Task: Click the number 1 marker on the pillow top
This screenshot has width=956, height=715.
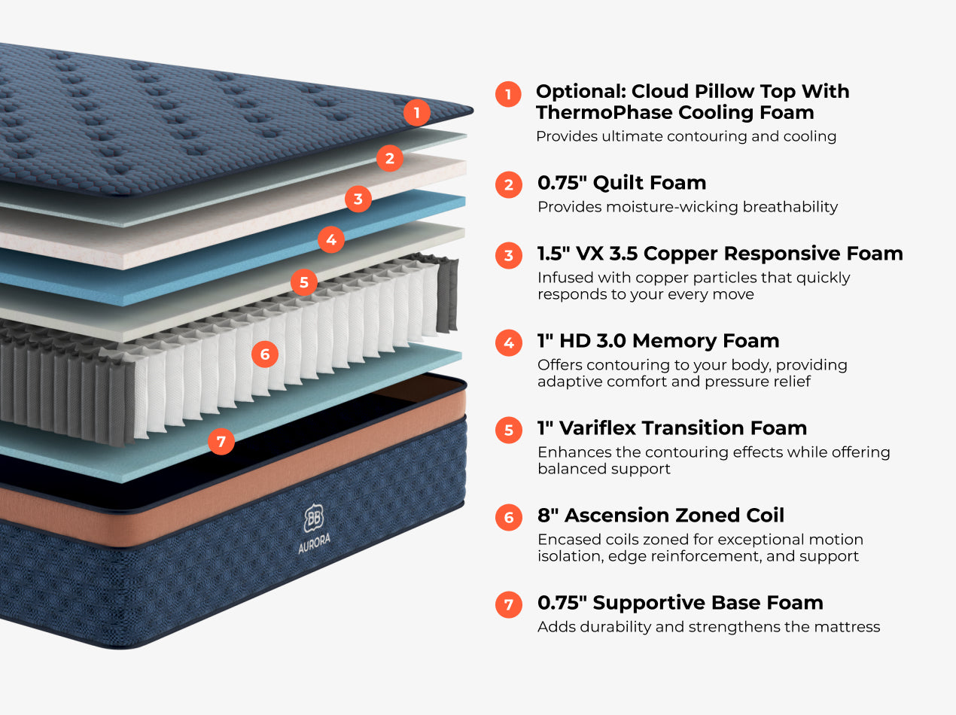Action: [416, 113]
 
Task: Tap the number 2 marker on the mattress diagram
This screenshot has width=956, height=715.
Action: [389, 158]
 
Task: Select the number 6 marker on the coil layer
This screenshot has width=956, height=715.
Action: [264, 354]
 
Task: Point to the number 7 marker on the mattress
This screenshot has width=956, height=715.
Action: [221, 441]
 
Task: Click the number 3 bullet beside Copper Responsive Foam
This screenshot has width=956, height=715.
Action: [508, 255]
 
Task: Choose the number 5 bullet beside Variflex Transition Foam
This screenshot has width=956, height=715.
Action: [508, 430]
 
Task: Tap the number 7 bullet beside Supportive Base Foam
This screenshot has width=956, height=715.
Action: [508, 604]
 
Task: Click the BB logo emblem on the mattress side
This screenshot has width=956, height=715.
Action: [314, 519]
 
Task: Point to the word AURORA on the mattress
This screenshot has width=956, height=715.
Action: [314, 544]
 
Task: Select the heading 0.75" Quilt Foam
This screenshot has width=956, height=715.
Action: [621, 183]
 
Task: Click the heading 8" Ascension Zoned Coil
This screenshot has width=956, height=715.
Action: [660, 516]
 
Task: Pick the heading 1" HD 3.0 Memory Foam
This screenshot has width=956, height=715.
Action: [658, 341]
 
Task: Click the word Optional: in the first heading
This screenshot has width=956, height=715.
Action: [580, 92]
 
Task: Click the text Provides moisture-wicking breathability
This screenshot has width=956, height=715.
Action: [687, 207]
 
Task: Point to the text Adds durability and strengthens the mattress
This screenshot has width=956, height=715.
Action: [708, 627]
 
